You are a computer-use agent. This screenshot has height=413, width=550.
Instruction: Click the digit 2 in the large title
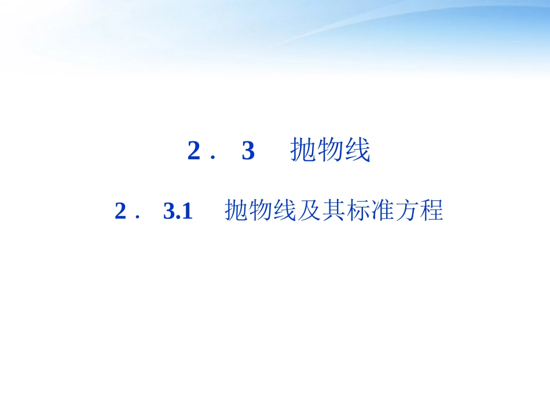tap(194, 152)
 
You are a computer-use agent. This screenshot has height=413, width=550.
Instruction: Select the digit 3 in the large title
tap(248, 152)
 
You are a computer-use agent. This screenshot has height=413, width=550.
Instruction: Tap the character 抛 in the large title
tap(303, 151)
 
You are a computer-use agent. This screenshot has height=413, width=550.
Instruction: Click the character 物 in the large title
tap(330, 151)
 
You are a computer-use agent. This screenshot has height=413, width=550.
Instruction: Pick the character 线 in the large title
tap(357, 151)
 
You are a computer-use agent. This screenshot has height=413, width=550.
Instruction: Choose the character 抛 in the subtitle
tap(236, 211)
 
